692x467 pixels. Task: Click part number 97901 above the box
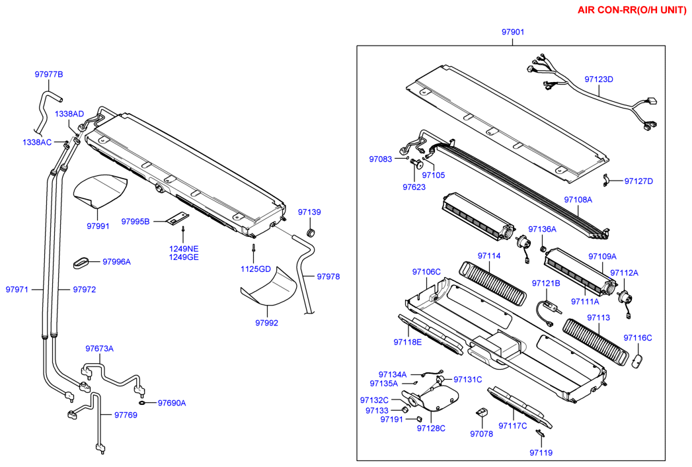click(x=513, y=32)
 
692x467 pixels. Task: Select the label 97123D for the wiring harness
click(x=599, y=79)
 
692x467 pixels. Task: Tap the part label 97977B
click(x=49, y=74)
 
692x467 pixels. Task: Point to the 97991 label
click(x=98, y=226)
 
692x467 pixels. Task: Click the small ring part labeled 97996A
click(x=81, y=261)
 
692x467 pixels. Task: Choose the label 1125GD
click(x=256, y=269)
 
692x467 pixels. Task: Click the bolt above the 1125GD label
click(x=253, y=250)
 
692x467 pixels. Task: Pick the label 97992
click(x=267, y=323)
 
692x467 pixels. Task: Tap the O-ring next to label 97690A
click(x=142, y=402)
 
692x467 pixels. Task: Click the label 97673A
click(x=99, y=349)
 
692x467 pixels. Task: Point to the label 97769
click(x=126, y=415)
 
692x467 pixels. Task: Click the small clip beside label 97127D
click(x=605, y=179)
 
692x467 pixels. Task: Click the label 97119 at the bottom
click(x=541, y=452)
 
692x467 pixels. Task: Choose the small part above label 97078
click(x=481, y=412)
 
